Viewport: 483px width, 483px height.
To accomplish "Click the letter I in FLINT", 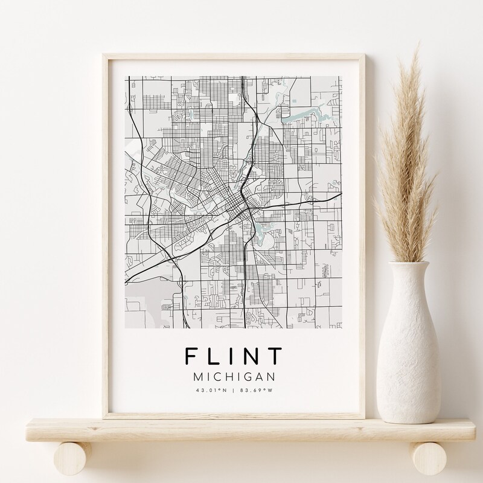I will pyautogui.click(x=233, y=357).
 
